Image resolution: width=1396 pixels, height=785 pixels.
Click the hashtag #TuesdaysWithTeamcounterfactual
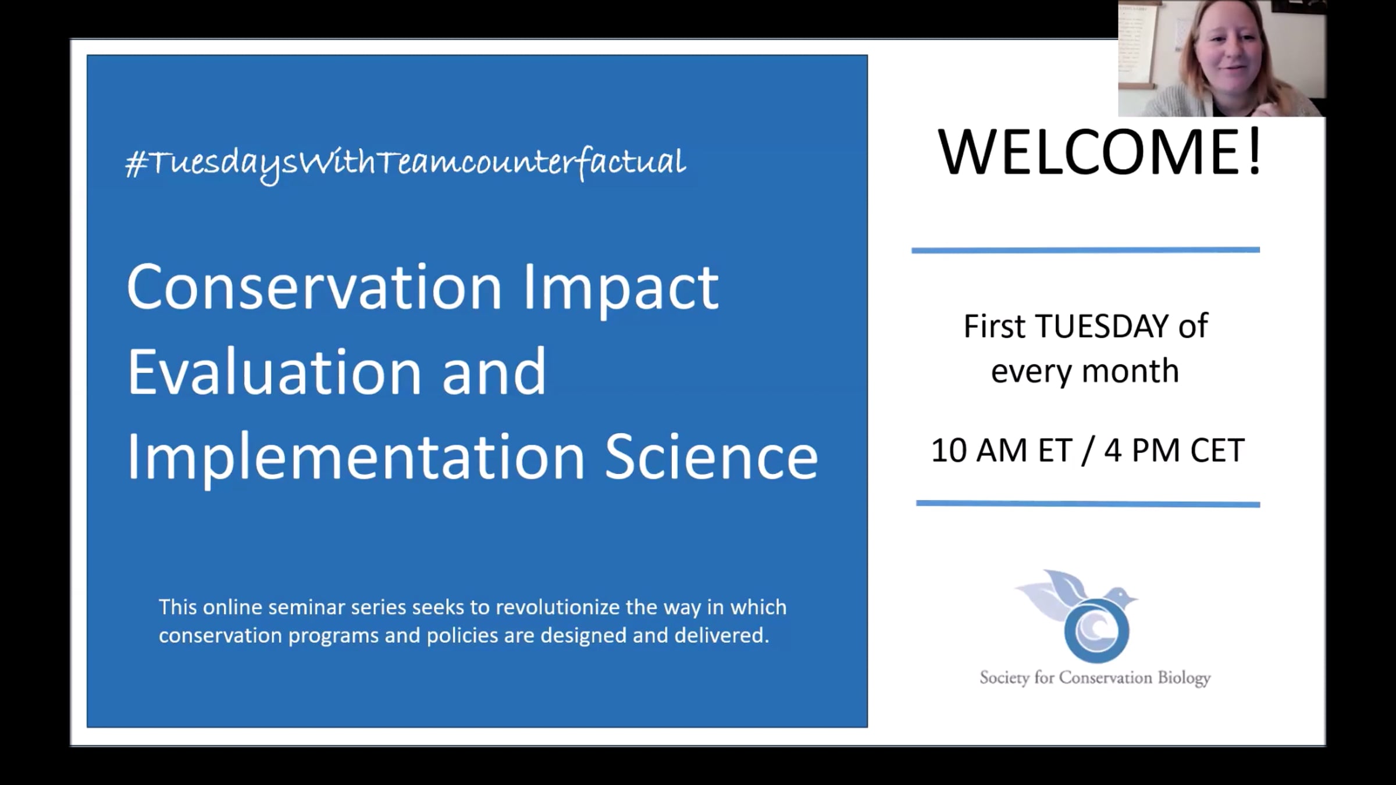coord(405,163)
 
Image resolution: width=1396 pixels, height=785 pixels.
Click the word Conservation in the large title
coord(315,287)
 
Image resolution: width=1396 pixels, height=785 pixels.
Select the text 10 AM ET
coord(1001,450)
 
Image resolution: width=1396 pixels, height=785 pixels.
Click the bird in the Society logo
coord(1075,596)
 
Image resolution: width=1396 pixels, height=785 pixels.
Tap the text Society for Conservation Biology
coord(1095,679)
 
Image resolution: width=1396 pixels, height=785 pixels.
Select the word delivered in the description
coord(722,635)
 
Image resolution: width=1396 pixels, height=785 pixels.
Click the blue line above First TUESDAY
coord(1085,250)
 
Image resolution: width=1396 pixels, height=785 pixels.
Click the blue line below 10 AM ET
coord(1088,504)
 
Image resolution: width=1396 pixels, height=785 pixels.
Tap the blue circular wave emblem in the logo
coord(1096,631)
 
